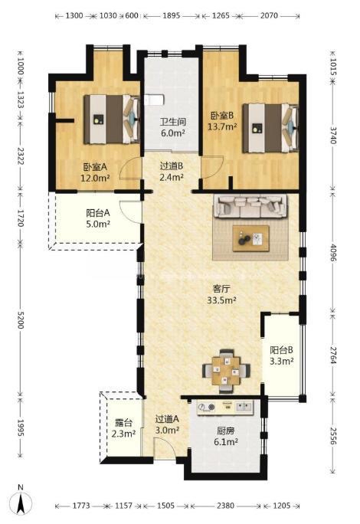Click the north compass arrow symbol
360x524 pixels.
21,501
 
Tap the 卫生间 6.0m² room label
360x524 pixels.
173,127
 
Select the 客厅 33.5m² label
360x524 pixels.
221,294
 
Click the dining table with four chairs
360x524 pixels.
226,371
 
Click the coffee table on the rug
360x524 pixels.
251,238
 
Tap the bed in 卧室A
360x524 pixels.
112,120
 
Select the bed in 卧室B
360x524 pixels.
270,128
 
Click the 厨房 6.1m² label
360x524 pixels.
226,437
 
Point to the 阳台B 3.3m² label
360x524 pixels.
282,355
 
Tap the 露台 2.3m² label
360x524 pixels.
123,428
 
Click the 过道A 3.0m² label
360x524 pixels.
167,424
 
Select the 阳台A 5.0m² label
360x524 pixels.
98,218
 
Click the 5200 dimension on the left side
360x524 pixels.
21,320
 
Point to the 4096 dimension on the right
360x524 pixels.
332,253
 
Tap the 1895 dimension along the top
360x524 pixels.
172,15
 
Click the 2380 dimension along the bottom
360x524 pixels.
225,506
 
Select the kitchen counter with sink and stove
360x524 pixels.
225,408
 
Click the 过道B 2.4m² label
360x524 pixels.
171,171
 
